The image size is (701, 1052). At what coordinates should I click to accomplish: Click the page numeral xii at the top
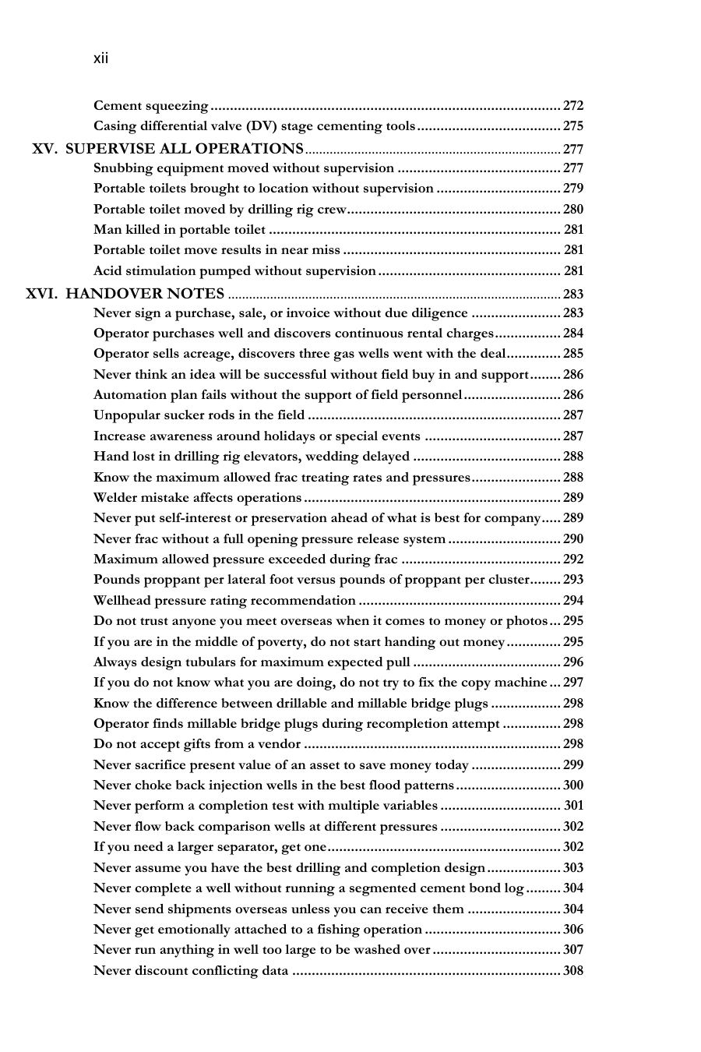tap(101, 58)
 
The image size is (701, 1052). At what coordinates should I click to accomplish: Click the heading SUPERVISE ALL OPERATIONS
tap(185, 148)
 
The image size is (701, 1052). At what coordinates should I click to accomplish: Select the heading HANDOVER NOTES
tap(146, 294)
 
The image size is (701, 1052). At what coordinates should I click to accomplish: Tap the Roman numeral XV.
tap(45, 148)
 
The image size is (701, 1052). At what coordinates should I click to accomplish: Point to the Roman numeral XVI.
tap(42, 294)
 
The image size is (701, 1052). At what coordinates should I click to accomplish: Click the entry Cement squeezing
tap(151, 105)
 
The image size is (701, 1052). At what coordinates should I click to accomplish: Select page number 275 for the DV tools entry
tap(573, 126)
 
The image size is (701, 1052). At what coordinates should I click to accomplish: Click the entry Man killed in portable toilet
tap(179, 229)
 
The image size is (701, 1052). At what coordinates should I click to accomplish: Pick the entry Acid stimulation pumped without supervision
tap(234, 270)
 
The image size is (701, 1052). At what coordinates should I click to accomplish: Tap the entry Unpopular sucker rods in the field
tap(199, 415)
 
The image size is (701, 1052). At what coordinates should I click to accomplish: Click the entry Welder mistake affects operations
tap(197, 497)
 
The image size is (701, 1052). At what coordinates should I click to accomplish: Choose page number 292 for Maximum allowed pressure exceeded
tap(573, 559)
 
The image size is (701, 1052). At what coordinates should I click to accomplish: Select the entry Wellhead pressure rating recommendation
tap(224, 600)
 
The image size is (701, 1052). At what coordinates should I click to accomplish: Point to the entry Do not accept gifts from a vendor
tap(196, 744)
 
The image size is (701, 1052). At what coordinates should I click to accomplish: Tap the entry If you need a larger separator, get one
tap(210, 847)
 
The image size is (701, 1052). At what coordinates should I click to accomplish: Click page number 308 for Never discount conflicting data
tap(573, 970)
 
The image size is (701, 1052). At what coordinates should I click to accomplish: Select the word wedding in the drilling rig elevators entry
tap(334, 457)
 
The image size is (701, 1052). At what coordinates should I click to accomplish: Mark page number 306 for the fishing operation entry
tap(573, 929)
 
